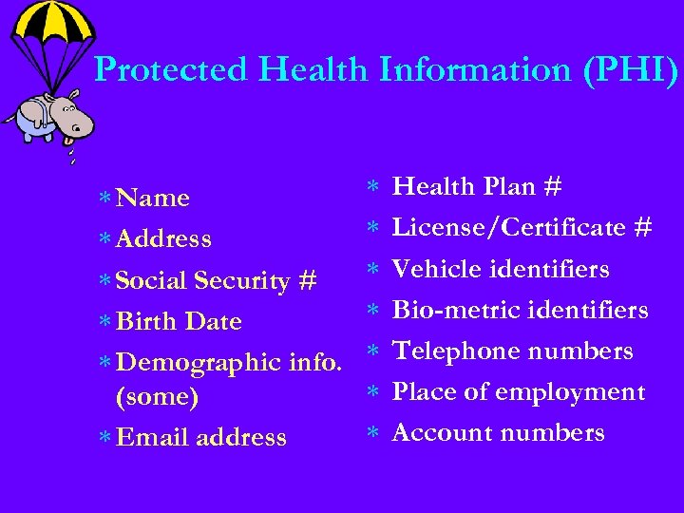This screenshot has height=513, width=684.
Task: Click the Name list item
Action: click(x=152, y=198)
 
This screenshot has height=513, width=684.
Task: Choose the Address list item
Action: click(x=162, y=238)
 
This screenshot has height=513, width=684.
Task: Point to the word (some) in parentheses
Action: click(x=157, y=397)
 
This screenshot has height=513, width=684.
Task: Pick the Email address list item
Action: click(x=200, y=437)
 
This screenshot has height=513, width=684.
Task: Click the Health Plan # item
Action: click(x=477, y=187)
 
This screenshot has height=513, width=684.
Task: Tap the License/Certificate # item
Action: click(x=522, y=228)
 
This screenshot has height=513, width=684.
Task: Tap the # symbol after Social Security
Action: click(x=307, y=280)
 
